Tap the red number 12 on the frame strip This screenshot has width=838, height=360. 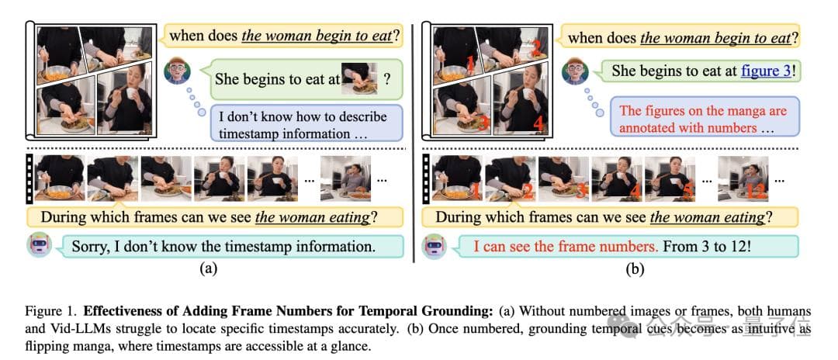pyautogui.click(x=755, y=191)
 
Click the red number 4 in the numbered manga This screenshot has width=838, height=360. pyautogui.click(x=538, y=124)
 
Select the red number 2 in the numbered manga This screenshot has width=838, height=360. pyautogui.click(x=537, y=50)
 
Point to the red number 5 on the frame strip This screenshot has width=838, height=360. pyautogui.click(x=687, y=190)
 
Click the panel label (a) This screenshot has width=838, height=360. pyautogui.click(x=208, y=269)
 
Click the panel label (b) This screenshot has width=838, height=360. pyautogui.click(x=635, y=269)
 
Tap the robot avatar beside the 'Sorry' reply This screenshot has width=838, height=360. pyautogui.click(x=40, y=246)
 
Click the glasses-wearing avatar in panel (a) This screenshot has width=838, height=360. pyautogui.click(x=178, y=71)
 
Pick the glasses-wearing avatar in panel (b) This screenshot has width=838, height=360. pyautogui.click(x=575, y=71)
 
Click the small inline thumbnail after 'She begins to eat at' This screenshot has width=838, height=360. pyautogui.click(x=359, y=78)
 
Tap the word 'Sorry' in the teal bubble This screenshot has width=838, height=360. pyautogui.click(x=92, y=247)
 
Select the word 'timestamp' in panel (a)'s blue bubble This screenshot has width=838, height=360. pyautogui.click(x=247, y=133)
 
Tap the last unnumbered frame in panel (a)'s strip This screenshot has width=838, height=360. pyautogui.click(x=345, y=179)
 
